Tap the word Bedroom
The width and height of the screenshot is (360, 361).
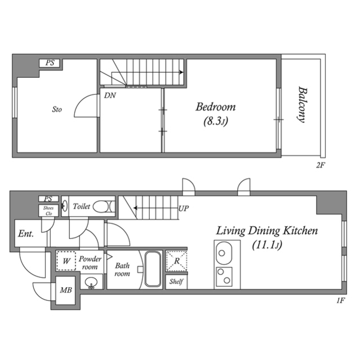(215, 107)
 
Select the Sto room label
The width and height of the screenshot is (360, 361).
(57, 109)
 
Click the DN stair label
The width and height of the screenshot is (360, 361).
(110, 95)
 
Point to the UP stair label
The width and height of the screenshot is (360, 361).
(184, 208)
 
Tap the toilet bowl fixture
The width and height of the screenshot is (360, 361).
(102, 207)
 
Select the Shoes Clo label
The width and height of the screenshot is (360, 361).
(48, 210)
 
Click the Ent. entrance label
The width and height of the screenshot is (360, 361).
(25, 233)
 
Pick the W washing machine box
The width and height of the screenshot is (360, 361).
(66, 261)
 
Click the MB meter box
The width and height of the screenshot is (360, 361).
(66, 292)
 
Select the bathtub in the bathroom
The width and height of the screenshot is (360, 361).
(153, 269)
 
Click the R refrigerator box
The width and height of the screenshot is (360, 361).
(176, 261)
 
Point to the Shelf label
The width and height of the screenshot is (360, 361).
(176, 281)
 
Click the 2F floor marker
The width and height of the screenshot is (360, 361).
(321, 165)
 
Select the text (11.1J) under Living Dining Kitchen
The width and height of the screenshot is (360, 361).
(268, 245)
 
